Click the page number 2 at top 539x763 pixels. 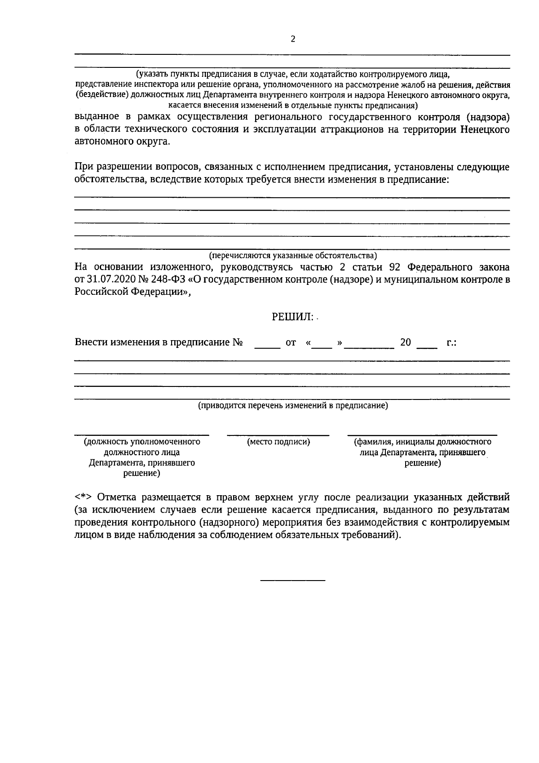[x=293, y=40]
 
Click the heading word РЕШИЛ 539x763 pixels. [x=292, y=317]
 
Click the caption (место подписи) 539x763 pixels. [x=278, y=442]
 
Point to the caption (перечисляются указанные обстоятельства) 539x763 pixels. [x=293, y=256]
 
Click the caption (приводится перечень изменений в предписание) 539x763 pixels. [x=293, y=406]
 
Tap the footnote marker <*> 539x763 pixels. [x=84, y=498]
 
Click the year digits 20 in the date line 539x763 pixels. [x=405, y=342]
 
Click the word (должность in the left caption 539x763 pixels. [x=106, y=442]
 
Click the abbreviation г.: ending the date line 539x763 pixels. [x=451, y=342]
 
